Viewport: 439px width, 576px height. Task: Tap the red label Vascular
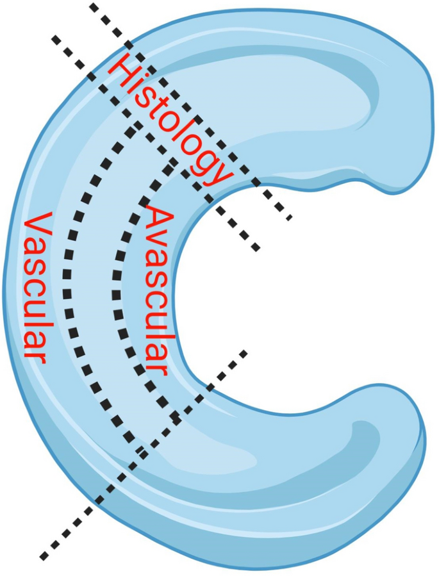[36, 288]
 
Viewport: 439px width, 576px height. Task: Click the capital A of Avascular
[158, 218]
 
